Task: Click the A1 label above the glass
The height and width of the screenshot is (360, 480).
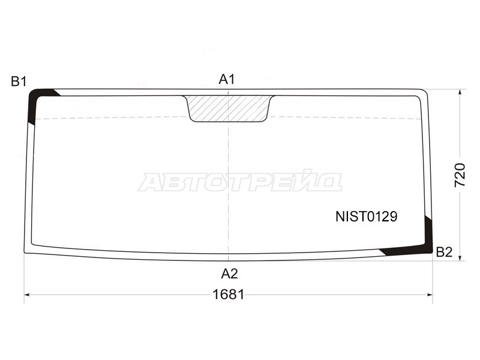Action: (226, 79)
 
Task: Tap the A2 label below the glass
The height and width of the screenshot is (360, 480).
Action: (229, 274)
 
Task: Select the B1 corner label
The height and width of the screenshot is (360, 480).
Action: (19, 82)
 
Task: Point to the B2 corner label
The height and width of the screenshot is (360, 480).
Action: (444, 252)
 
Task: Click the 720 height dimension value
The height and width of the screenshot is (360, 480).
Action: (460, 175)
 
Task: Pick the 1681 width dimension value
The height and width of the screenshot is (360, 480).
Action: (229, 295)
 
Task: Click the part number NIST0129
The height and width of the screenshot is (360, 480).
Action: (366, 217)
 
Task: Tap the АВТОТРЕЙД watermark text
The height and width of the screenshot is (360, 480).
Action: (240, 182)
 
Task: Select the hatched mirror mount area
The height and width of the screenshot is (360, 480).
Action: (229, 108)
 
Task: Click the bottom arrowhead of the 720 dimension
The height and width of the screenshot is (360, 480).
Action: (460, 257)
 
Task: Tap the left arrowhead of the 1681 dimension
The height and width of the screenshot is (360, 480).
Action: (28, 295)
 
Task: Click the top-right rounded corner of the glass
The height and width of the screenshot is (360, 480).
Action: (425, 92)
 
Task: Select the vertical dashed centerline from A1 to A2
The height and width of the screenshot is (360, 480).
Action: (229, 180)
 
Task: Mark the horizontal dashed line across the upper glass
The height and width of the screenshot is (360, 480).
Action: (120, 118)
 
